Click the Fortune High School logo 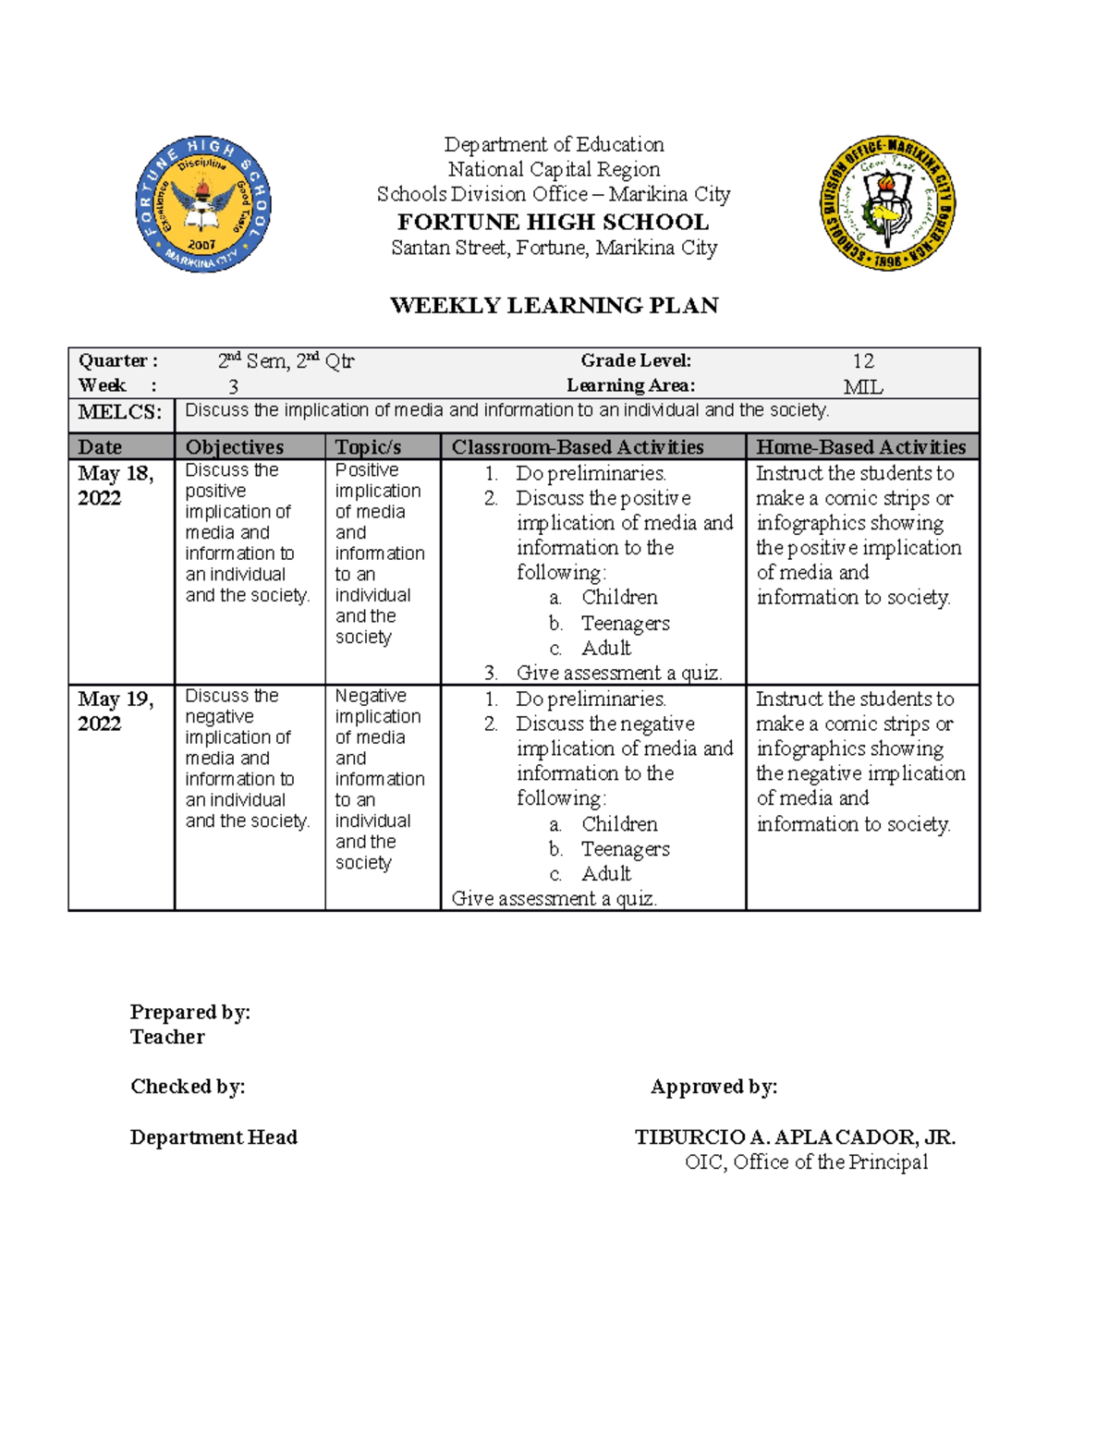pos(203,204)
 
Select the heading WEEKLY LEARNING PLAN pos(554,306)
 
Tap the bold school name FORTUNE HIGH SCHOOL pos(553,222)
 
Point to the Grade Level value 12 pos(862,361)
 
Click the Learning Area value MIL pos(862,387)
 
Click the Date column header pos(100,447)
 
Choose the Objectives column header pos(235,447)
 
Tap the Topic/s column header pos(368,447)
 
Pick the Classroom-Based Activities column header pos(578,447)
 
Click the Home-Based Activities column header pos(860,447)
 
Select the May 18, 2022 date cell pos(115,485)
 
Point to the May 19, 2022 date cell pos(115,711)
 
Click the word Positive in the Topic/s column pos(366,470)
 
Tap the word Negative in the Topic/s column pos(370,696)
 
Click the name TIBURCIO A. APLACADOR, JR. pos(795,1137)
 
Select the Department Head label pos(213,1137)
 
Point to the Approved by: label pos(713,1087)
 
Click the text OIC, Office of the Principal pos(806,1162)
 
